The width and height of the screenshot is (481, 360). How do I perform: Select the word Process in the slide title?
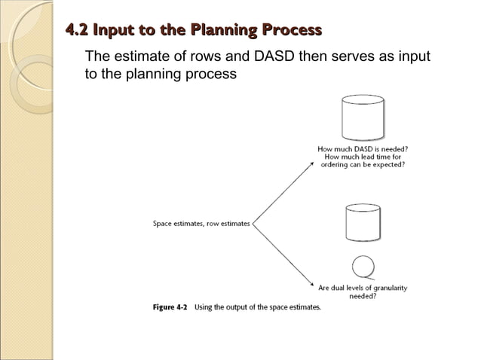coord(291,30)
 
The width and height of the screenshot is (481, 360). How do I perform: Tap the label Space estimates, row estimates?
coord(201,223)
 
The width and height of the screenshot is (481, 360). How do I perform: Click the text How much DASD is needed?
coord(363,149)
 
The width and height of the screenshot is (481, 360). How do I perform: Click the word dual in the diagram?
coord(345,288)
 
